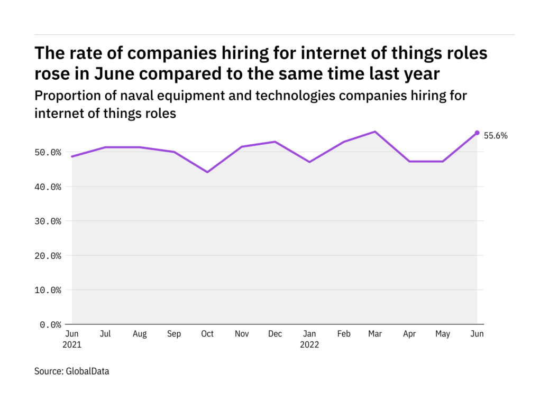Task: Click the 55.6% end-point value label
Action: click(x=496, y=136)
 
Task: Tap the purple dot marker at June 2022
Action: click(x=477, y=133)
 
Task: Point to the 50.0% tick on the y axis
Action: click(x=48, y=153)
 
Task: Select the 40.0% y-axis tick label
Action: click(x=48, y=187)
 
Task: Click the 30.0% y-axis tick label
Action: click(x=48, y=221)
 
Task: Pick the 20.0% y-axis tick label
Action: click(x=48, y=256)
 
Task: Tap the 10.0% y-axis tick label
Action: click(x=48, y=290)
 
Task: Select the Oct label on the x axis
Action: click(x=207, y=334)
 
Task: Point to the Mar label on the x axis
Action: click(x=375, y=334)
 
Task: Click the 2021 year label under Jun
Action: click(x=72, y=344)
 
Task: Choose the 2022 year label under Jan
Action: click(x=309, y=344)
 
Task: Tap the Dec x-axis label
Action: click(x=274, y=334)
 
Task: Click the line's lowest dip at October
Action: click(x=207, y=172)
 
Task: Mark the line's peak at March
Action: click(x=375, y=132)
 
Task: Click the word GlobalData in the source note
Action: click(x=87, y=371)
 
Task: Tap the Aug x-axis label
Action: click(x=140, y=334)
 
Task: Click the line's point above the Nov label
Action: click(x=241, y=146)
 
